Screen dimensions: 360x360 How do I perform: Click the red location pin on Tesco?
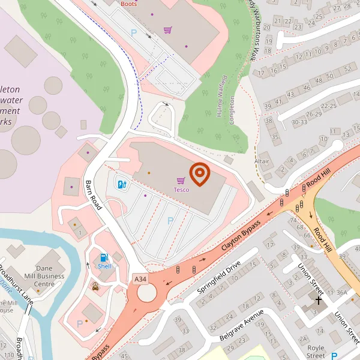[199, 173]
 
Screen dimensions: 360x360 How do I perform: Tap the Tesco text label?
[181, 190]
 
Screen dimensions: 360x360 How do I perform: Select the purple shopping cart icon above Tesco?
[181, 181]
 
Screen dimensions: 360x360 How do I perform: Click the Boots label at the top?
[128, 3]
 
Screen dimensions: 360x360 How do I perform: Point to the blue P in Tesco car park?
[170, 221]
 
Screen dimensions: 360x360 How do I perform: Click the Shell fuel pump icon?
[104, 257]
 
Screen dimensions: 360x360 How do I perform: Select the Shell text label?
[104, 266]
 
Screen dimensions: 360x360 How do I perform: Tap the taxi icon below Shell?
[96, 286]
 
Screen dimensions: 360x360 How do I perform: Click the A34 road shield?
[140, 280]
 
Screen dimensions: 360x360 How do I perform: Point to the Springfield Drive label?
[219, 277]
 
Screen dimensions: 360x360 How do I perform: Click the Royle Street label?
[315, 351]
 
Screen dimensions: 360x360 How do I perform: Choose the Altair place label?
[262, 161]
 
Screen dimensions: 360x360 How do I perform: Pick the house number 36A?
[341, 292]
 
